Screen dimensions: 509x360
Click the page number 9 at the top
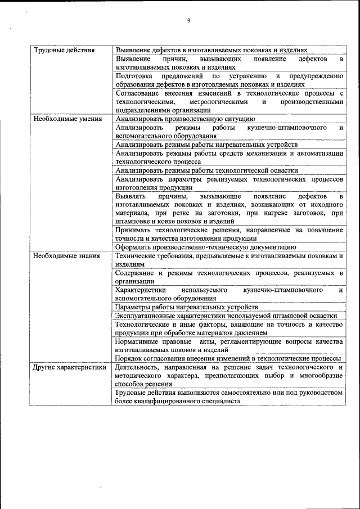189,21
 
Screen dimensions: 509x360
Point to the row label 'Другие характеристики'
69,367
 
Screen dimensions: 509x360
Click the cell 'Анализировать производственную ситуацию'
185,119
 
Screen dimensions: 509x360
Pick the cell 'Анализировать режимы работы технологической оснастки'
206,170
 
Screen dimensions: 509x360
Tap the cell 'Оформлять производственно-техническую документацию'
205,247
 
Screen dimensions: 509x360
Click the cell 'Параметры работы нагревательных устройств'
186,307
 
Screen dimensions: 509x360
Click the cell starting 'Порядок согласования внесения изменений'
227,358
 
